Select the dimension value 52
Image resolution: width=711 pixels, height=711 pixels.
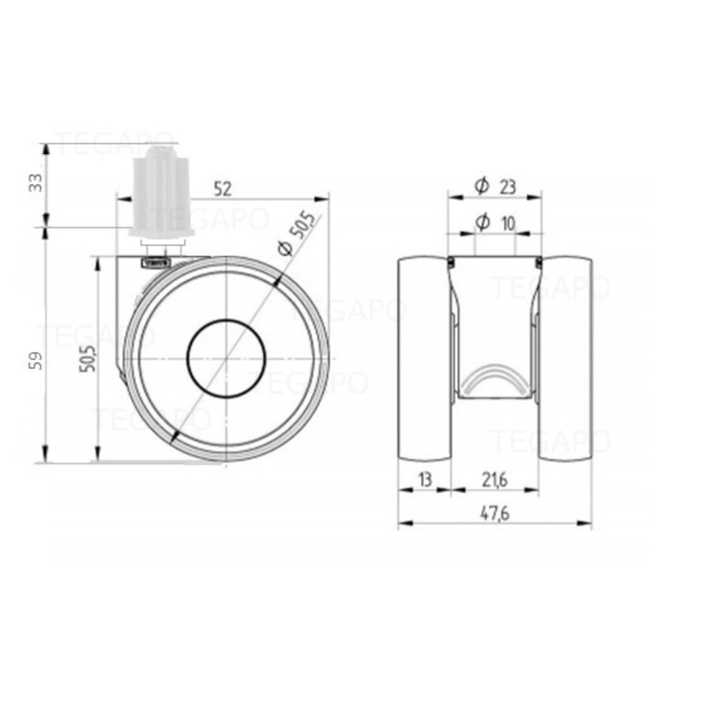223,189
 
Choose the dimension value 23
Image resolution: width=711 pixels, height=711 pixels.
507,186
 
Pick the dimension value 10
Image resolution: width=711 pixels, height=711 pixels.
507,224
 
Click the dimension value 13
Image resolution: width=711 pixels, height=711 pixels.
424,480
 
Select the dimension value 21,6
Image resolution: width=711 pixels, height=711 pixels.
495,480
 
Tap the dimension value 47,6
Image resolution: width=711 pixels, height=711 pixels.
495,513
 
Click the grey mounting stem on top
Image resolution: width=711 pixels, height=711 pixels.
161,190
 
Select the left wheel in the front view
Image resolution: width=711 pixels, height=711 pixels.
424,359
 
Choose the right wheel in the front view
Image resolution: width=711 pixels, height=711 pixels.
566,359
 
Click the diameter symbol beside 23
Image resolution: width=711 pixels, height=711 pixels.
482,186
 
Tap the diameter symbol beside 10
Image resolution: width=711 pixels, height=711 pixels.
482,224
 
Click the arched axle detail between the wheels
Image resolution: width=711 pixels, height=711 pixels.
495,378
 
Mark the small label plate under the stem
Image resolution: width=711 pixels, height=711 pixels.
156,260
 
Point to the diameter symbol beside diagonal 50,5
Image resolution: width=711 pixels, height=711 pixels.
285,248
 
